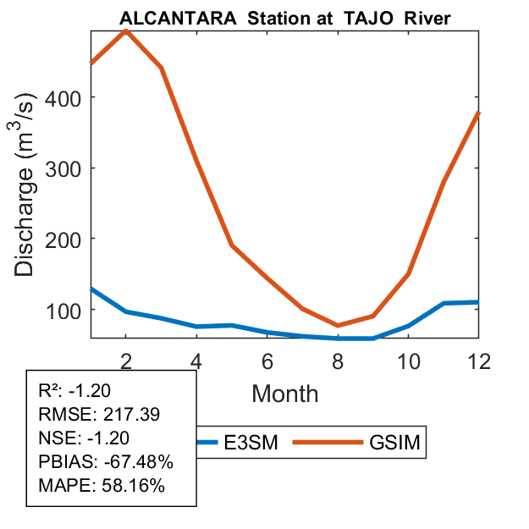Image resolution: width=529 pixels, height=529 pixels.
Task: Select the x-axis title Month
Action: tap(285, 393)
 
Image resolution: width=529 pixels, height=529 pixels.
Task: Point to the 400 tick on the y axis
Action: tap(67, 97)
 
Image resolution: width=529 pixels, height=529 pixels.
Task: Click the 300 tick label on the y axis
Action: tap(67, 168)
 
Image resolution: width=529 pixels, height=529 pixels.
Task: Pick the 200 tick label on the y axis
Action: tap(67, 239)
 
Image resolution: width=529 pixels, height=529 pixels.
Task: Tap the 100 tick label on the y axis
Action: tap(67, 310)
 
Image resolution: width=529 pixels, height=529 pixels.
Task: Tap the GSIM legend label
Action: tap(395, 442)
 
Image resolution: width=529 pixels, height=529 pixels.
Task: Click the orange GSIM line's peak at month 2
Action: tap(126, 31)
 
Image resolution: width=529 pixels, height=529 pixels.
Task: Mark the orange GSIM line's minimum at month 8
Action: tap(338, 325)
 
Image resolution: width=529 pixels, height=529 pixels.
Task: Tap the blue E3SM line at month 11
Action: tap(444, 303)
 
